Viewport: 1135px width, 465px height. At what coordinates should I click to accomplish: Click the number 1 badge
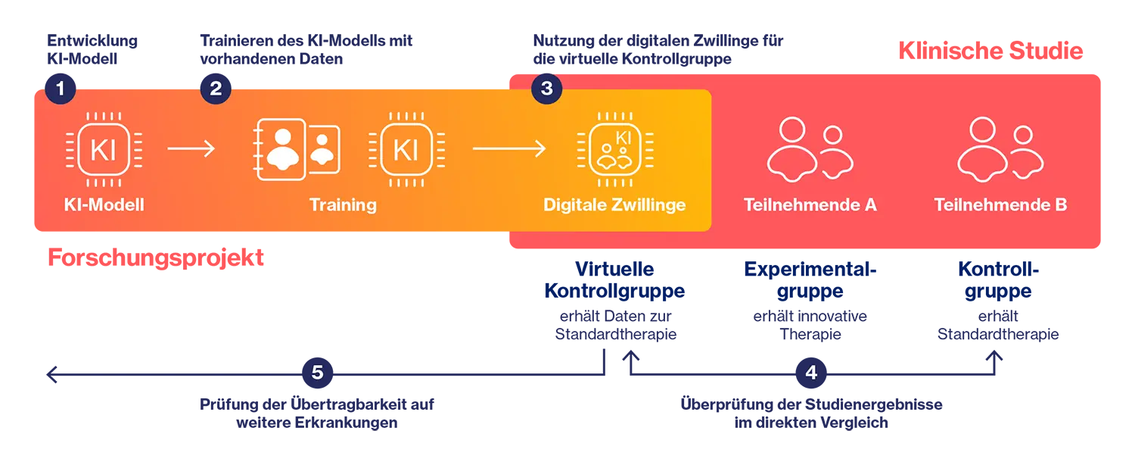pyautogui.click(x=61, y=89)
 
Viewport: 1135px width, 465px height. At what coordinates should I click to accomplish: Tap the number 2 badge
pyautogui.click(x=216, y=89)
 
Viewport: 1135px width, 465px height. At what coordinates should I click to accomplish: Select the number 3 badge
pyautogui.click(x=546, y=89)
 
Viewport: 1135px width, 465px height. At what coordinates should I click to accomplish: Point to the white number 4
pyautogui.click(x=811, y=373)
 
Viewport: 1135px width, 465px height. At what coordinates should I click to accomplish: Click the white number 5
pyautogui.click(x=317, y=373)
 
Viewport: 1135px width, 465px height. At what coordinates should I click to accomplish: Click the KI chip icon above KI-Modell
pyautogui.click(x=104, y=149)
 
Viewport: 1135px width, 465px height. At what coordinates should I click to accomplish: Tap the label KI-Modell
pyautogui.click(x=104, y=205)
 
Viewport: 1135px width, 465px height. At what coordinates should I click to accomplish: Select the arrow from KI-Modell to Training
pyautogui.click(x=191, y=148)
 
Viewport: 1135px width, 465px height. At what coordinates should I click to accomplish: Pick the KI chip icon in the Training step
pyautogui.click(x=406, y=149)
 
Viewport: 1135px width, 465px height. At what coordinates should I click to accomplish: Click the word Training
pyautogui.click(x=343, y=205)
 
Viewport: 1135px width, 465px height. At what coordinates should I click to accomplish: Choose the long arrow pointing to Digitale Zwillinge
pyautogui.click(x=508, y=148)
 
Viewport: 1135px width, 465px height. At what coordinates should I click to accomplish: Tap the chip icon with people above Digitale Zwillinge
pyautogui.click(x=614, y=149)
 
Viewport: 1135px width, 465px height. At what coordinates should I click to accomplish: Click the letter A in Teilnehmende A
pyautogui.click(x=869, y=205)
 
